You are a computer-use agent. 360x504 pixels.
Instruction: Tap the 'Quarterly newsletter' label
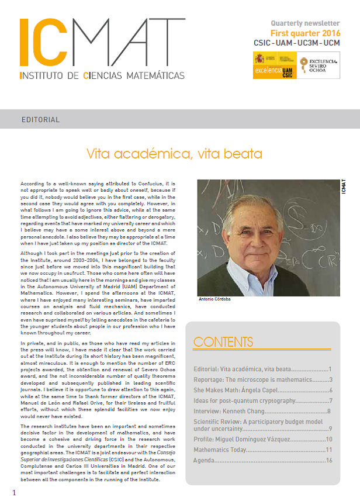pyautogui.click(x=305, y=23)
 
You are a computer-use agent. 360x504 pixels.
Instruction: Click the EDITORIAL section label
pyautogui.click(x=40, y=120)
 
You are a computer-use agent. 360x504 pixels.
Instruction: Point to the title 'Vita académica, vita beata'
pyautogui.click(x=174, y=154)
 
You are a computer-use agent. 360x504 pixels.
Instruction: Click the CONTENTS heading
pyautogui.click(x=223, y=341)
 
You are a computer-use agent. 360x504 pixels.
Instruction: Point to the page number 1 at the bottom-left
pyautogui.click(x=14, y=493)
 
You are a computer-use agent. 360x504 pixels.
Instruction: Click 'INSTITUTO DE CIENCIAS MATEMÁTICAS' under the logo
pyautogui.click(x=102, y=75)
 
